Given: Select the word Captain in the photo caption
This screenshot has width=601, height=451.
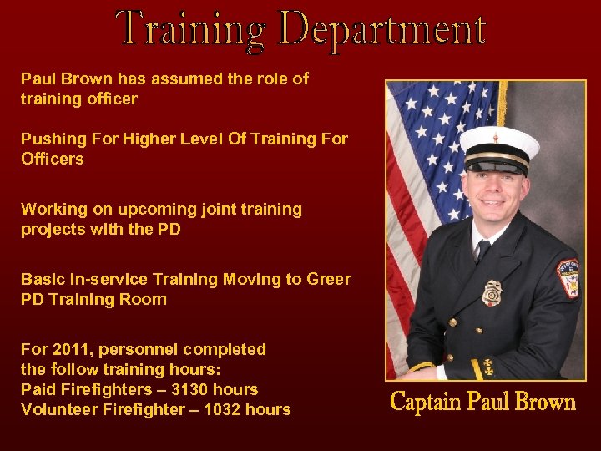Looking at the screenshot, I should pos(426,403).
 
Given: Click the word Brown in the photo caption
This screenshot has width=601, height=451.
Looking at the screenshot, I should pos(545,403).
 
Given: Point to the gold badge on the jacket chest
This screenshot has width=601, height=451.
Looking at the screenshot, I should pos(492,292).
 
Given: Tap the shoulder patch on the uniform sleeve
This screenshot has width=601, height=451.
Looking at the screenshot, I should pos(568,278).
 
